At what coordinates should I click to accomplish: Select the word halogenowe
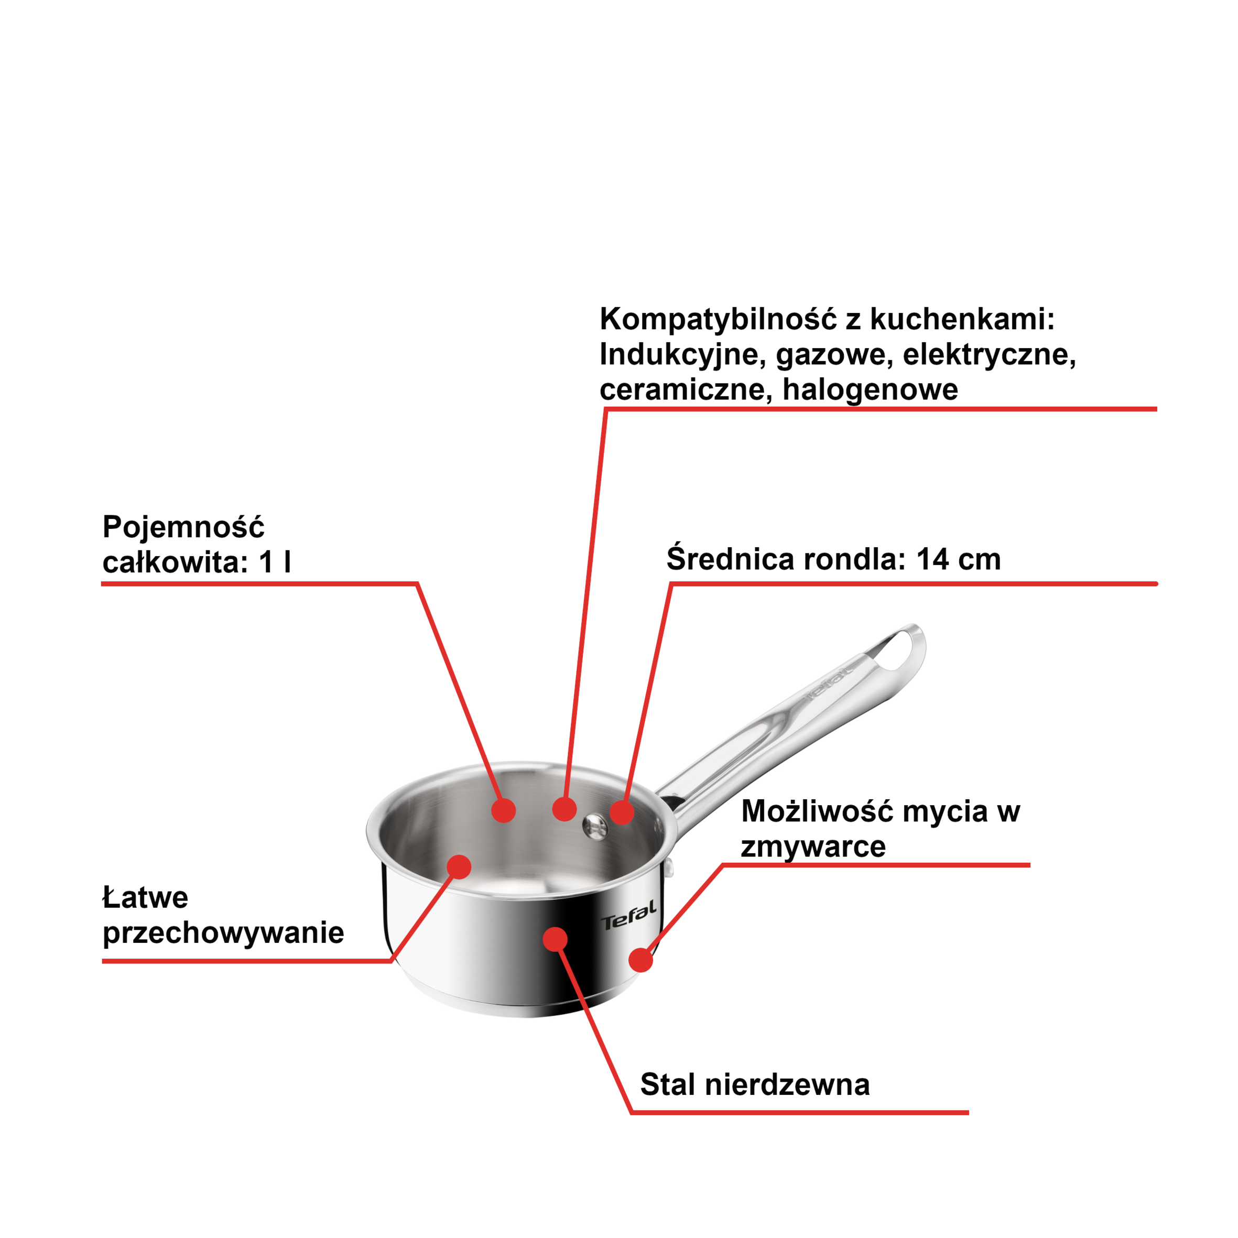point(870,389)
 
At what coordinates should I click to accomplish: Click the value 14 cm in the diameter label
point(959,559)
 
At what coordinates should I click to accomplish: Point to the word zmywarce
point(813,846)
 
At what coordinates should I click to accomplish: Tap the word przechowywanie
point(223,933)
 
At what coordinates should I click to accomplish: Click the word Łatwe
point(146,897)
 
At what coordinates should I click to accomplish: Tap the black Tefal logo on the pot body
point(628,915)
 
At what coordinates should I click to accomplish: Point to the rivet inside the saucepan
point(595,826)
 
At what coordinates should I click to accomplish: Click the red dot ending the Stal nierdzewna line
point(555,939)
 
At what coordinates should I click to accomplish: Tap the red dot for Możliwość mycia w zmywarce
point(641,960)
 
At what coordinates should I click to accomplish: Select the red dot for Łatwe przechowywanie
point(459,867)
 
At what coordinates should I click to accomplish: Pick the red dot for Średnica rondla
point(622,812)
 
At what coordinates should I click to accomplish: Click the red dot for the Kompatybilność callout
point(564,809)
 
